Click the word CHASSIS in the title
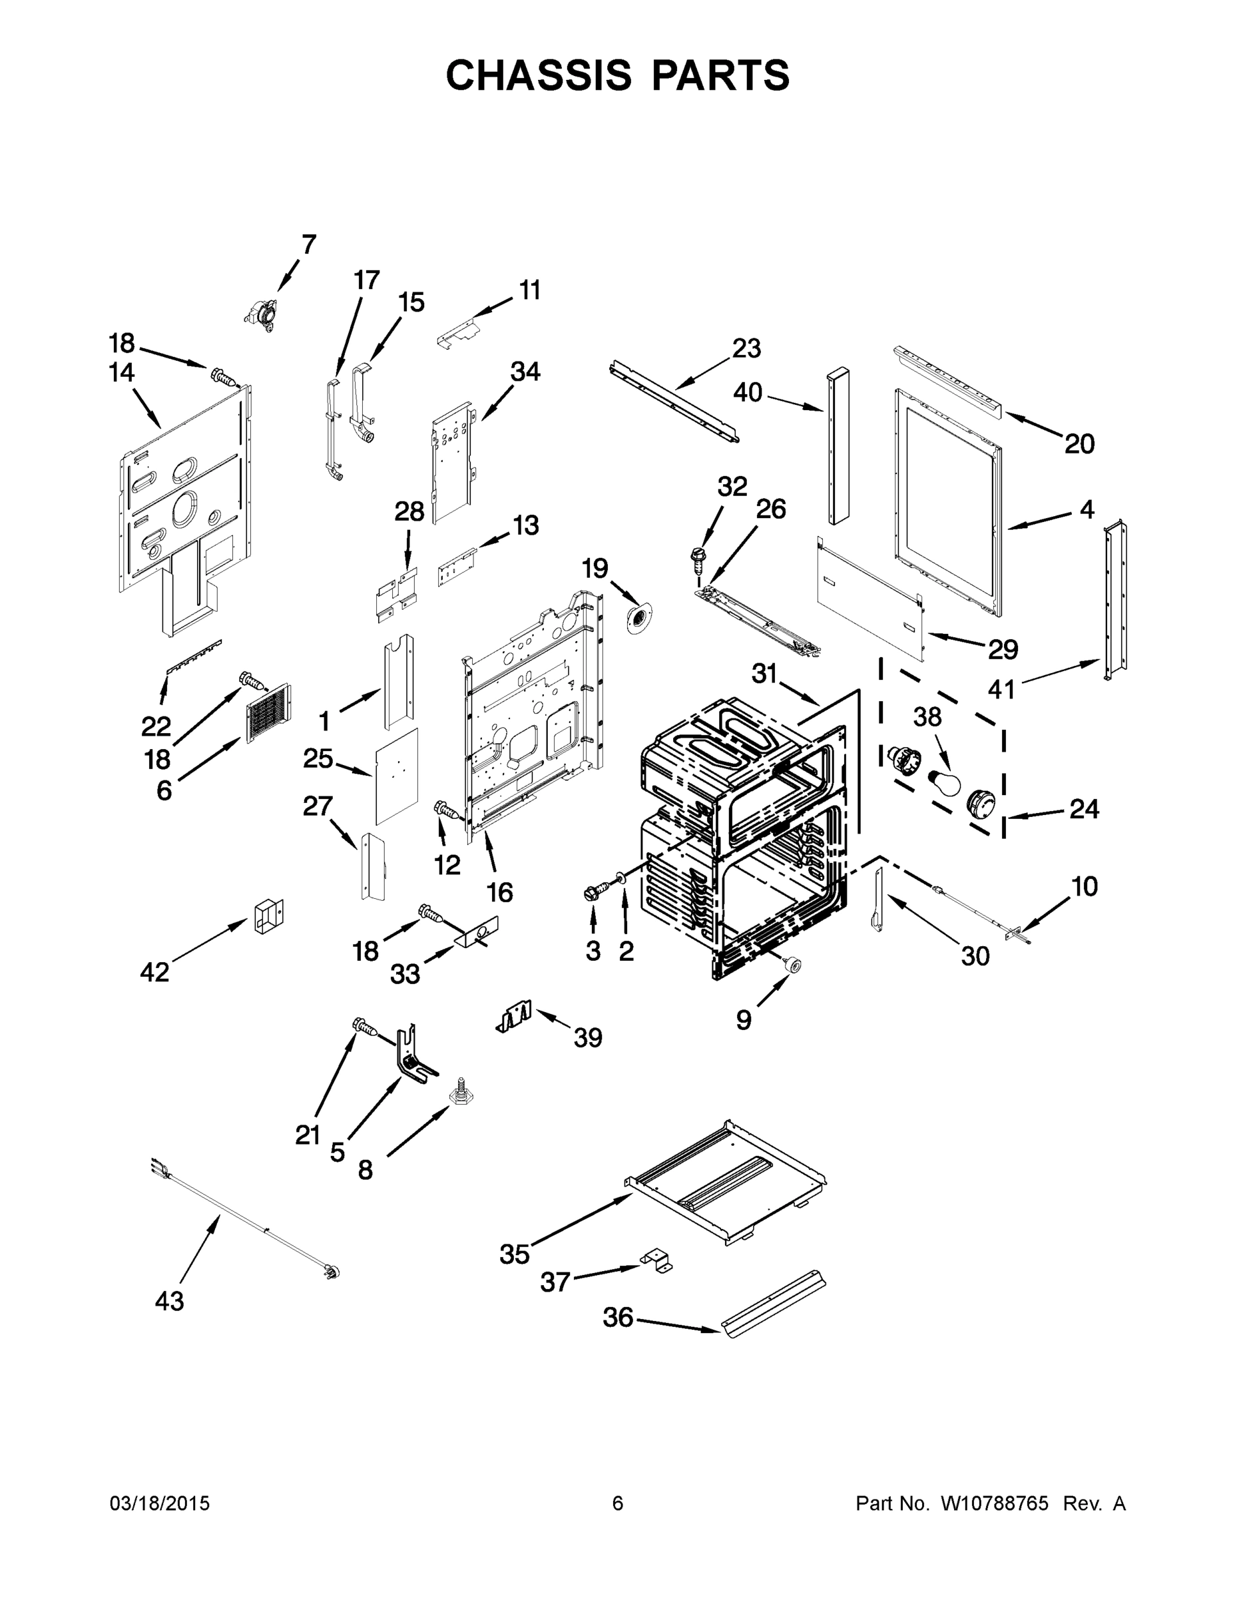coord(539,75)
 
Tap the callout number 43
coord(169,1300)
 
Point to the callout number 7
coord(309,244)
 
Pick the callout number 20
coord(1079,443)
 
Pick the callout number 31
coord(764,673)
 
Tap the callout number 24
coord(1084,808)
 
